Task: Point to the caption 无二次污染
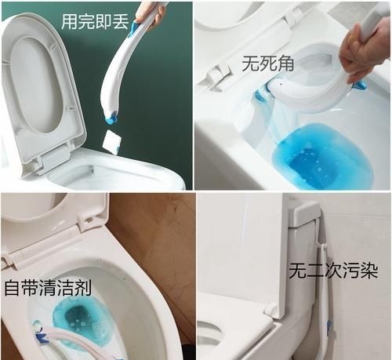click(333, 273)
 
